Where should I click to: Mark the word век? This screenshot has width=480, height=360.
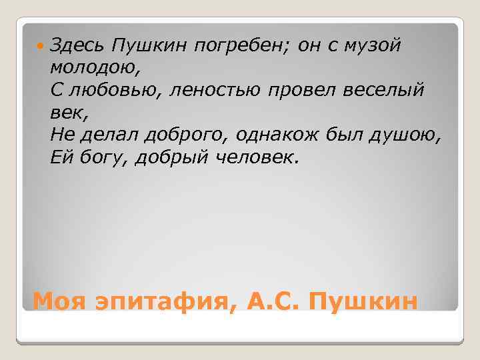(x=67, y=113)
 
